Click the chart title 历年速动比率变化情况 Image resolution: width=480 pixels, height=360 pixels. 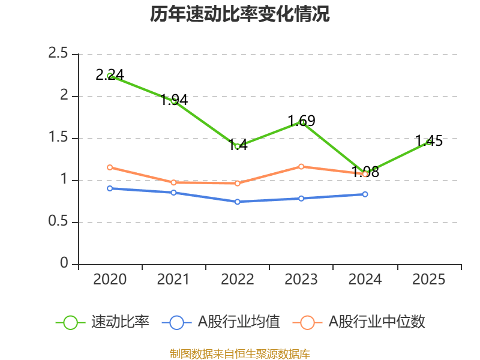[239, 14]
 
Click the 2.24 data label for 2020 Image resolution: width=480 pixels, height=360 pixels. [110, 74]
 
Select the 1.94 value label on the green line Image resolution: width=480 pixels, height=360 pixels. [174, 100]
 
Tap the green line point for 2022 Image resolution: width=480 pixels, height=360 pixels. [238, 146]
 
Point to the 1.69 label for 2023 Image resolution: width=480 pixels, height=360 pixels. [301, 121]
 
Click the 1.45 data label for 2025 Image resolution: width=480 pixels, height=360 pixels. [429, 141]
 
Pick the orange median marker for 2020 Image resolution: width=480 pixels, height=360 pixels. [110, 167]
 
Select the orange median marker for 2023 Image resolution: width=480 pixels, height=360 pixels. [301, 166]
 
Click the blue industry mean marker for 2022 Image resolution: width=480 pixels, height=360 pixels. [238, 202]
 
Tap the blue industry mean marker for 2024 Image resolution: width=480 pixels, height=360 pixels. [365, 194]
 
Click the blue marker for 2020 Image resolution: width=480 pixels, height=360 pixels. [110, 188]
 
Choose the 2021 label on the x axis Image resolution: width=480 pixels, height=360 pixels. [173, 280]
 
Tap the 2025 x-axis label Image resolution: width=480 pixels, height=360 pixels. [429, 280]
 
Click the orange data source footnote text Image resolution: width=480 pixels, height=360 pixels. [239, 353]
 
